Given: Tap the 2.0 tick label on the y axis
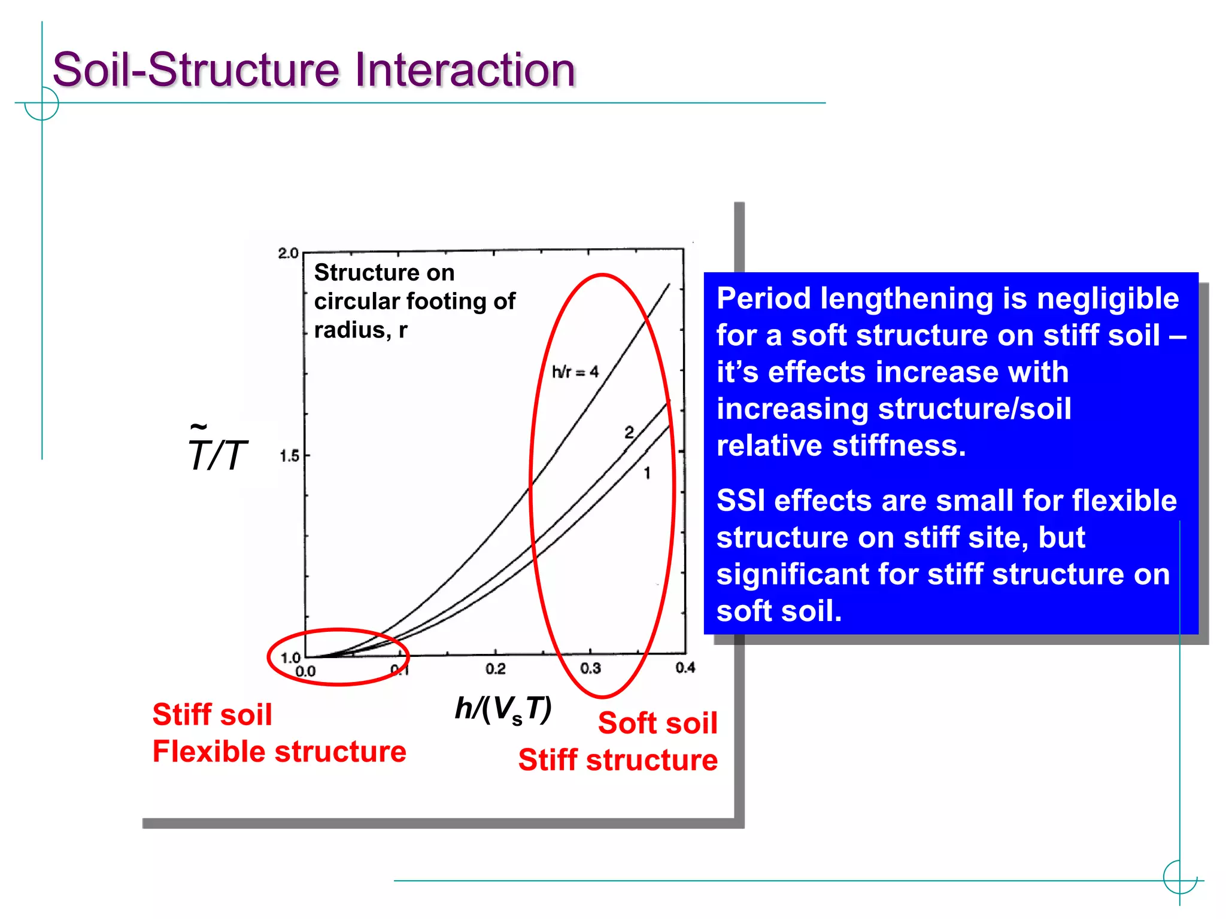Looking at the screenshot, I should point(288,253).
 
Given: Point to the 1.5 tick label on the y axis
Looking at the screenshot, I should point(289,457).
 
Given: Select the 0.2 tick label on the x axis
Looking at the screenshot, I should point(495,669).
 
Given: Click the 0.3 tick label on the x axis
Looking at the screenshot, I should point(590,668).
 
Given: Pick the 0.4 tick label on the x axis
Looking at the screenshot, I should point(685,668).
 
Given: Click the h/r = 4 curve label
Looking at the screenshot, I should point(575,372).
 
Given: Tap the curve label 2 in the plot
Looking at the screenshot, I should point(629,432).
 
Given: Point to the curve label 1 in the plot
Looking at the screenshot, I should point(647,473).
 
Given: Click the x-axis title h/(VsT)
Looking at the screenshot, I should point(503,710).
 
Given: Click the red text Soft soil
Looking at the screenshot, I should point(657,723).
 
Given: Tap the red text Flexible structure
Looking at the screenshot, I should point(279,751).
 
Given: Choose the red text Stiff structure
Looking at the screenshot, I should point(618,760).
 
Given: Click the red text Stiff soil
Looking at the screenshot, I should point(212,714).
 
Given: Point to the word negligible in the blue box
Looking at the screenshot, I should point(1107,299).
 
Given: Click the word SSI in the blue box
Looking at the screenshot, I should point(741,501).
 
